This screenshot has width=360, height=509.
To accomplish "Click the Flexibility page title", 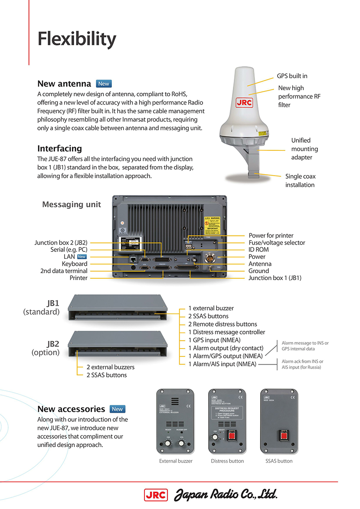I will (77, 39).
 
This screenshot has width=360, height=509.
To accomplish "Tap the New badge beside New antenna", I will (104, 84).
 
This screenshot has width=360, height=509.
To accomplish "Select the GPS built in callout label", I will (292, 76).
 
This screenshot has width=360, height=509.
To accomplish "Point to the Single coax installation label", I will (300, 180).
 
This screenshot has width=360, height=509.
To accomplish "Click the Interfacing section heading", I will (59, 148).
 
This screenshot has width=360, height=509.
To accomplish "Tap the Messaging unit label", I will (71, 204).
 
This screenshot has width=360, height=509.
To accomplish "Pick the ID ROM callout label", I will (259, 249).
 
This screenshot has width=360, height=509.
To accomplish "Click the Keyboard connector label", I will (74, 264).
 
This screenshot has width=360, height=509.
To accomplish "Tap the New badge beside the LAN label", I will (82, 257).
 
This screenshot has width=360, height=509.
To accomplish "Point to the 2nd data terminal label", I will (64, 271).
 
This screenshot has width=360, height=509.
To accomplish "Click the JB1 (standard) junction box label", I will (41, 307).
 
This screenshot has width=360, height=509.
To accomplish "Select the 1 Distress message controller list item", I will (226, 332).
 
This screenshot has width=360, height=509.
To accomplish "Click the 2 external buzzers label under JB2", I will (110, 367).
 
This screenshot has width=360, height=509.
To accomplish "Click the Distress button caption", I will (227, 461).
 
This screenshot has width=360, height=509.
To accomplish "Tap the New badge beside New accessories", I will (117, 409).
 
